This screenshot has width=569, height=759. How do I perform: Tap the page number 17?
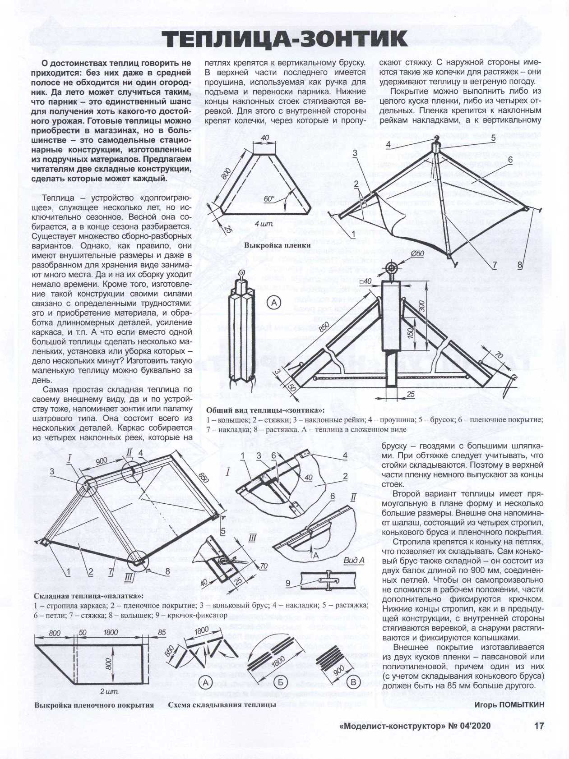click(539, 726)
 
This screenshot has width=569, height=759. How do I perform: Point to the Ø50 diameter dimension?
click(417, 253)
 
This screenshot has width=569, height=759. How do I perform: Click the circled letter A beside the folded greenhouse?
click(274, 303)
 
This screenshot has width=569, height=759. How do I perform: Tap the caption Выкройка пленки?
click(278, 245)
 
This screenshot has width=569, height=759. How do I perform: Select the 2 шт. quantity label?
click(109, 691)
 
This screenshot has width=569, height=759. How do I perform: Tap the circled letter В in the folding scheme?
click(353, 682)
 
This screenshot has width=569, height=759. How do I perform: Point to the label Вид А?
click(353, 560)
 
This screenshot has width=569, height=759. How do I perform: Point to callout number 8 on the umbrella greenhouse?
click(519, 265)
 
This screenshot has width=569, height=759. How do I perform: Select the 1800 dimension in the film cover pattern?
click(111, 633)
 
